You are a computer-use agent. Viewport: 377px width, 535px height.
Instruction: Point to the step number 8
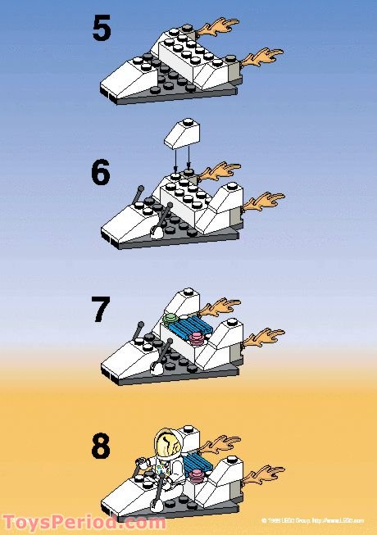point(102,447)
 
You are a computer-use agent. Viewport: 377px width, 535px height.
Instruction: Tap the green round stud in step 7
point(170,317)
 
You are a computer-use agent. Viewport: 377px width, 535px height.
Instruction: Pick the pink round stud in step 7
point(197,336)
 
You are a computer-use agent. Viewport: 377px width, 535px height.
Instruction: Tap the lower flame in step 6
point(264,198)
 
